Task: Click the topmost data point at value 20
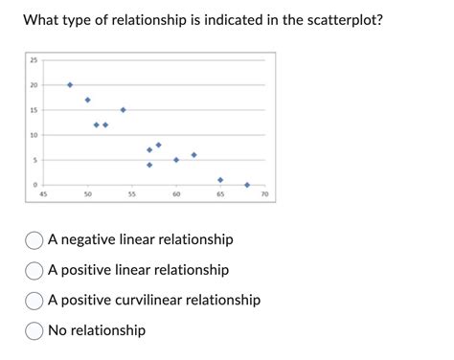pyautogui.click(x=70, y=85)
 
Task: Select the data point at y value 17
pyautogui.click(x=87, y=100)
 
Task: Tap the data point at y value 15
pyautogui.click(x=123, y=110)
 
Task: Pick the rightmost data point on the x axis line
pyautogui.click(x=247, y=185)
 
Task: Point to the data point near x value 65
pyautogui.click(x=220, y=180)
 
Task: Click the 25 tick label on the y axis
pyautogui.click(x=34, y=60)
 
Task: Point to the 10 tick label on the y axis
pyautogui.click(x=34, y=135)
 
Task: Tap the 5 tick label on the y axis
pyautogui.click(x=34, y=160)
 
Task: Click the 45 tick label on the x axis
pyautogui.click(x=43, y=194)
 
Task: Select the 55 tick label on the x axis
pyautogui.click(x=132, y=194)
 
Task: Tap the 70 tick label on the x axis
pyautogui.click(x=265, y=194)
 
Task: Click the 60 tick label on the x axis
pyautogui.click(x=176, y=194)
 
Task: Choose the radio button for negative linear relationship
pyautogui.click(x=34, y=239)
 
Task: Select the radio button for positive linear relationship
pyautogui.click(x=34, y=270)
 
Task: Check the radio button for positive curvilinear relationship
pyautogui.click(x=34, y=300)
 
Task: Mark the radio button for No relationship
pyautogui.click(x=34, y=330)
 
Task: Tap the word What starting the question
pyautogui.click(x=44, y=19)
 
